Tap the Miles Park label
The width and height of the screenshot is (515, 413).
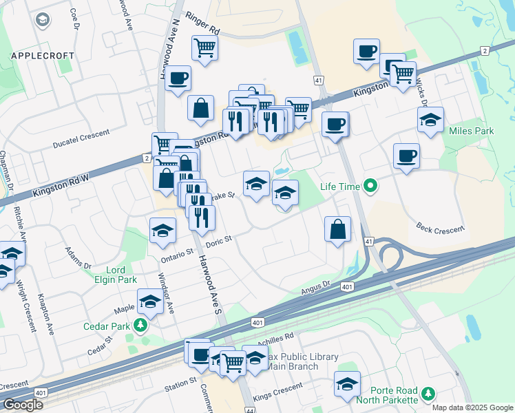(471, 131)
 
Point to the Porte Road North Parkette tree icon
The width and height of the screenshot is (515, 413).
(429, 393)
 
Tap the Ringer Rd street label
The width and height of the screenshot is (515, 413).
(205, 32)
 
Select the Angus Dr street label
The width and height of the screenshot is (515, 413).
(317, 288)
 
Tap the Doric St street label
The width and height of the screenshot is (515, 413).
(220, 241)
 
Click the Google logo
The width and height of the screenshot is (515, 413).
(23, 405)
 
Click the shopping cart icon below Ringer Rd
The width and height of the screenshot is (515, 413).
(204, 47)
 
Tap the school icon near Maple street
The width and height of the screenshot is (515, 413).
(150, 301)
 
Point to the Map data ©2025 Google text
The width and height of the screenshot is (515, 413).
(472, 407)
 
